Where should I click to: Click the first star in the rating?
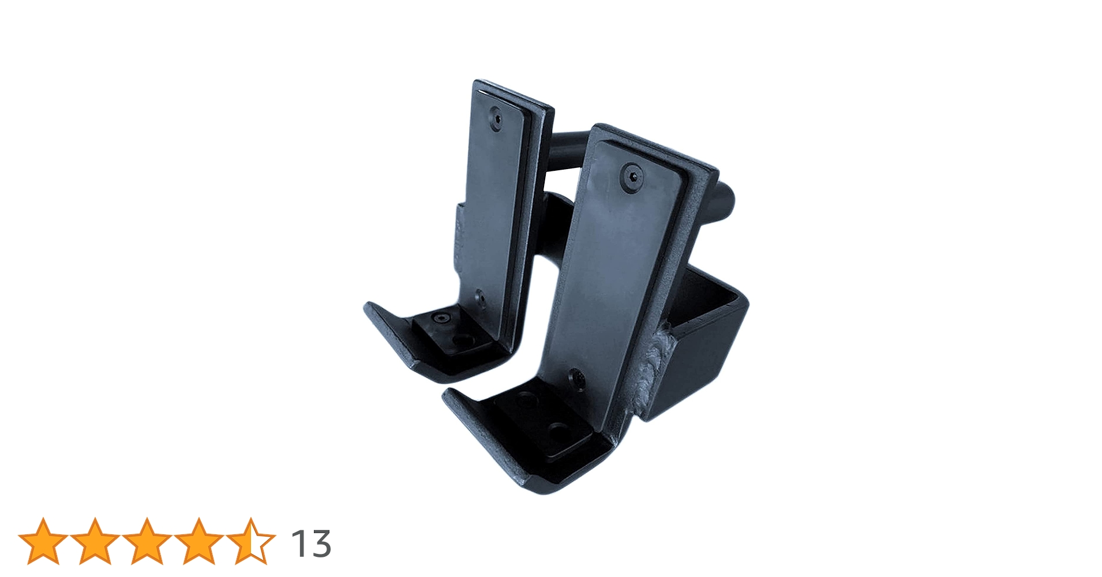(x=43, y=541)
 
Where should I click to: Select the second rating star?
(x=94, y=541)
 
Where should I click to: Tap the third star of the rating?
(x=146, y=541)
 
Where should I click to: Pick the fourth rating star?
(x=198, y=541)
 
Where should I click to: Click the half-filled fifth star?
(x=250, y=541)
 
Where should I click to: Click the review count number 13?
(x=310, y=544)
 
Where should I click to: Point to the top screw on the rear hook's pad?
(x=496, y=118)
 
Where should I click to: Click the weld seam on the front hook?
(x=654, y=369)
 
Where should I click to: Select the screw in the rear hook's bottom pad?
(x=442, y=319)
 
